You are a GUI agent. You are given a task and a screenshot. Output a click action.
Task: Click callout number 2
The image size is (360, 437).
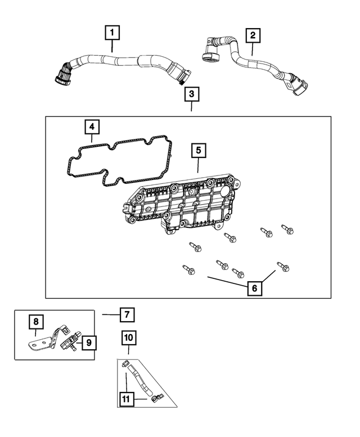coord(253,35)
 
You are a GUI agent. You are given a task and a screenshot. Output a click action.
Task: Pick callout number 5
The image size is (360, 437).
coord(198,151)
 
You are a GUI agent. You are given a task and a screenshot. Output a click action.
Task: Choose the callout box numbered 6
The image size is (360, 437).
coord(254,288)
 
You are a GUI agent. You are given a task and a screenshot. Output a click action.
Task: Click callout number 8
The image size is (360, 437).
coord(36,322)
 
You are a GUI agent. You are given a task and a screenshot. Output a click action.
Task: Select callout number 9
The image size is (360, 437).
coord(88,341)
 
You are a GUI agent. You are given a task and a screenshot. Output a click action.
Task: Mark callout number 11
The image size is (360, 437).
coord(127,399)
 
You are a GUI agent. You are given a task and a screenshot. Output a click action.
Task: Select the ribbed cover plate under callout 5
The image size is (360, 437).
coord(180,205)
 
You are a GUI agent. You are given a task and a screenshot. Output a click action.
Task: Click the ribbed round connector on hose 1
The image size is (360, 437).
coord(62,75)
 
